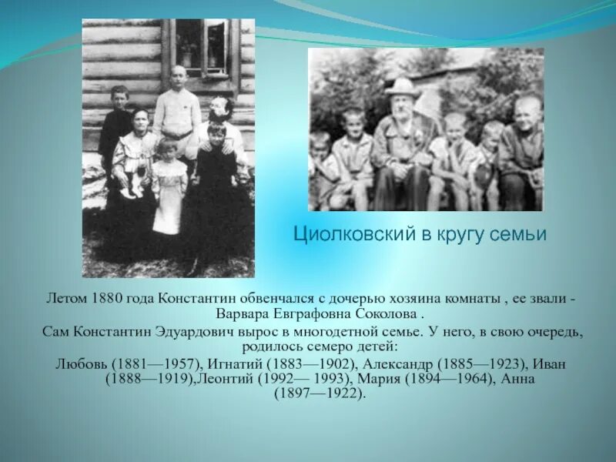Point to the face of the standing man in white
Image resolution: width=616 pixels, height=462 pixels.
[179, 78]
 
